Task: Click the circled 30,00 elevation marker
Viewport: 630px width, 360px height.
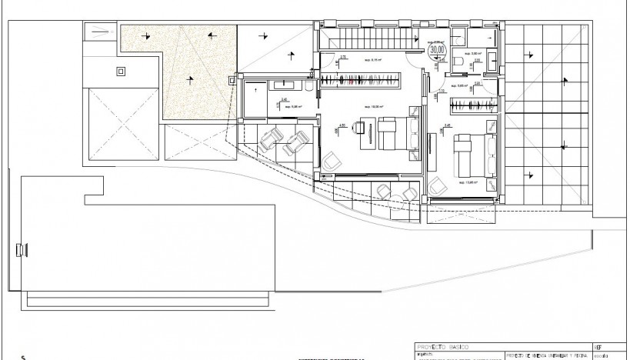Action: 438,50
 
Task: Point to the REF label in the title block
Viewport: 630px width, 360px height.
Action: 600,348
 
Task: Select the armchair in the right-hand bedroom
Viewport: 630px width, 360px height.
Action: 438,185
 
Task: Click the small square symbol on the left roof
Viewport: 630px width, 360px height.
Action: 119,72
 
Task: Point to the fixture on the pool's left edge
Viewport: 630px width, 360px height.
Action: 20,249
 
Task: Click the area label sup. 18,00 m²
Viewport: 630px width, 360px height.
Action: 362,107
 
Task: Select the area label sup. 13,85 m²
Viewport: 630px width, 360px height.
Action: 466,183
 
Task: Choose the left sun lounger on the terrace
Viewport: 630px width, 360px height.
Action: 270,141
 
